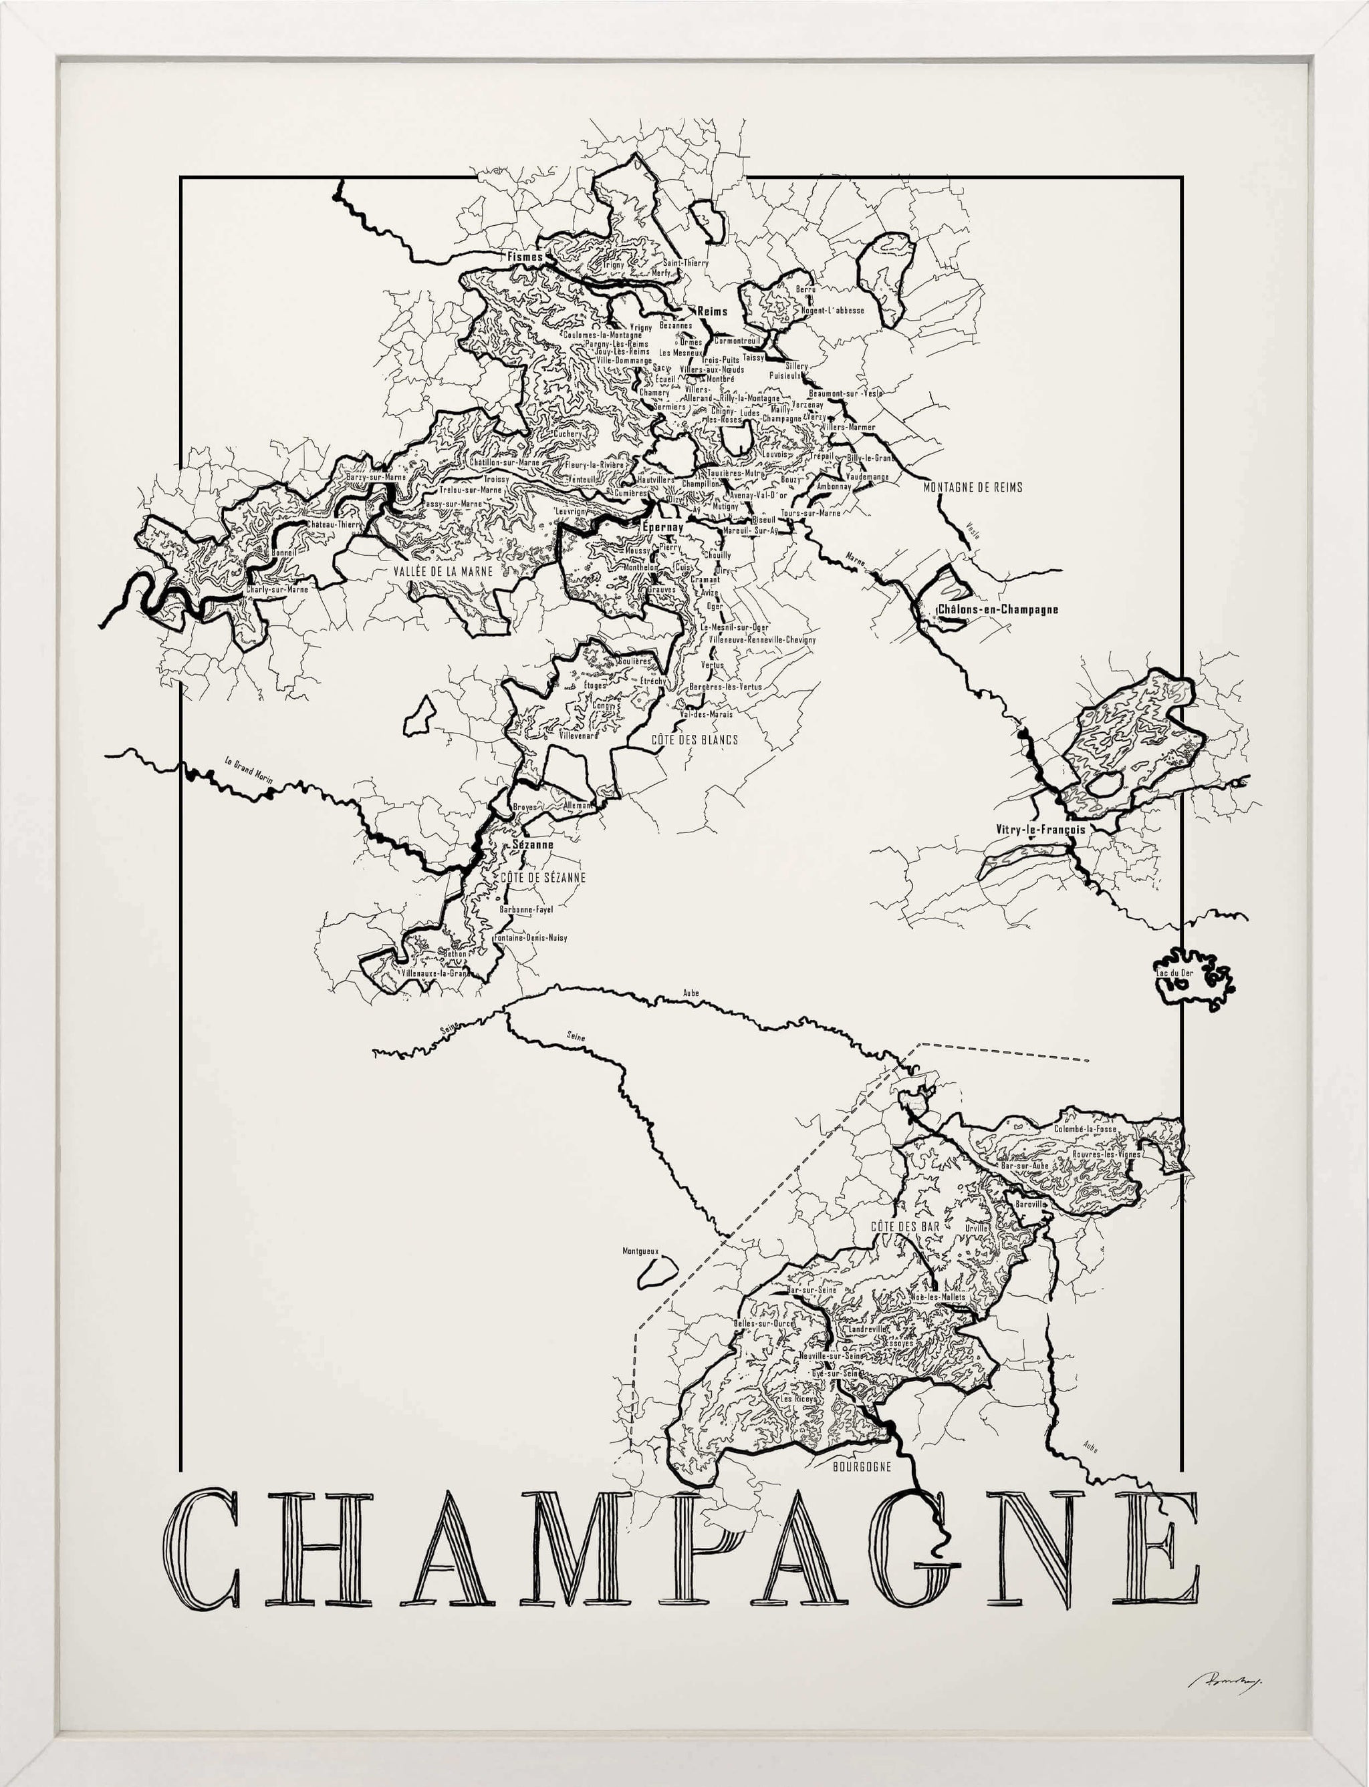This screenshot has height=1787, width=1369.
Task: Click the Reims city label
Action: (711, 311)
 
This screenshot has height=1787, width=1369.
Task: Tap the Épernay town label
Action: (662, 527)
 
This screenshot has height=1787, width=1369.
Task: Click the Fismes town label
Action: (525, 257)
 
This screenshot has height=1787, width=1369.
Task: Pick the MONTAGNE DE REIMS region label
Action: (973, 487)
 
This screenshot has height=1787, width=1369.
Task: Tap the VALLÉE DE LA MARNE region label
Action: (443, 572)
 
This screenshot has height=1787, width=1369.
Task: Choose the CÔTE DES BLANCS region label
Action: (695, 740)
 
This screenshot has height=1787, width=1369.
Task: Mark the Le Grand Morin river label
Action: (249, 769)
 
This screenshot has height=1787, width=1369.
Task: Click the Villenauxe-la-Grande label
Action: (436, 973)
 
